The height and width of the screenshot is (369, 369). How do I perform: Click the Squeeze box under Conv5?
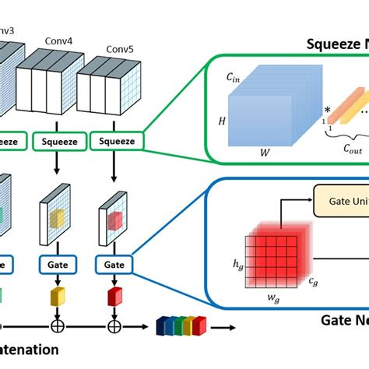(x=116, y=141)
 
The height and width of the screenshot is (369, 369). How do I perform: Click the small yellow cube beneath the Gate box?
(x=57, y=295)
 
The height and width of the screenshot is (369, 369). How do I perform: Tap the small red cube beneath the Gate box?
(x=114, y=296)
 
